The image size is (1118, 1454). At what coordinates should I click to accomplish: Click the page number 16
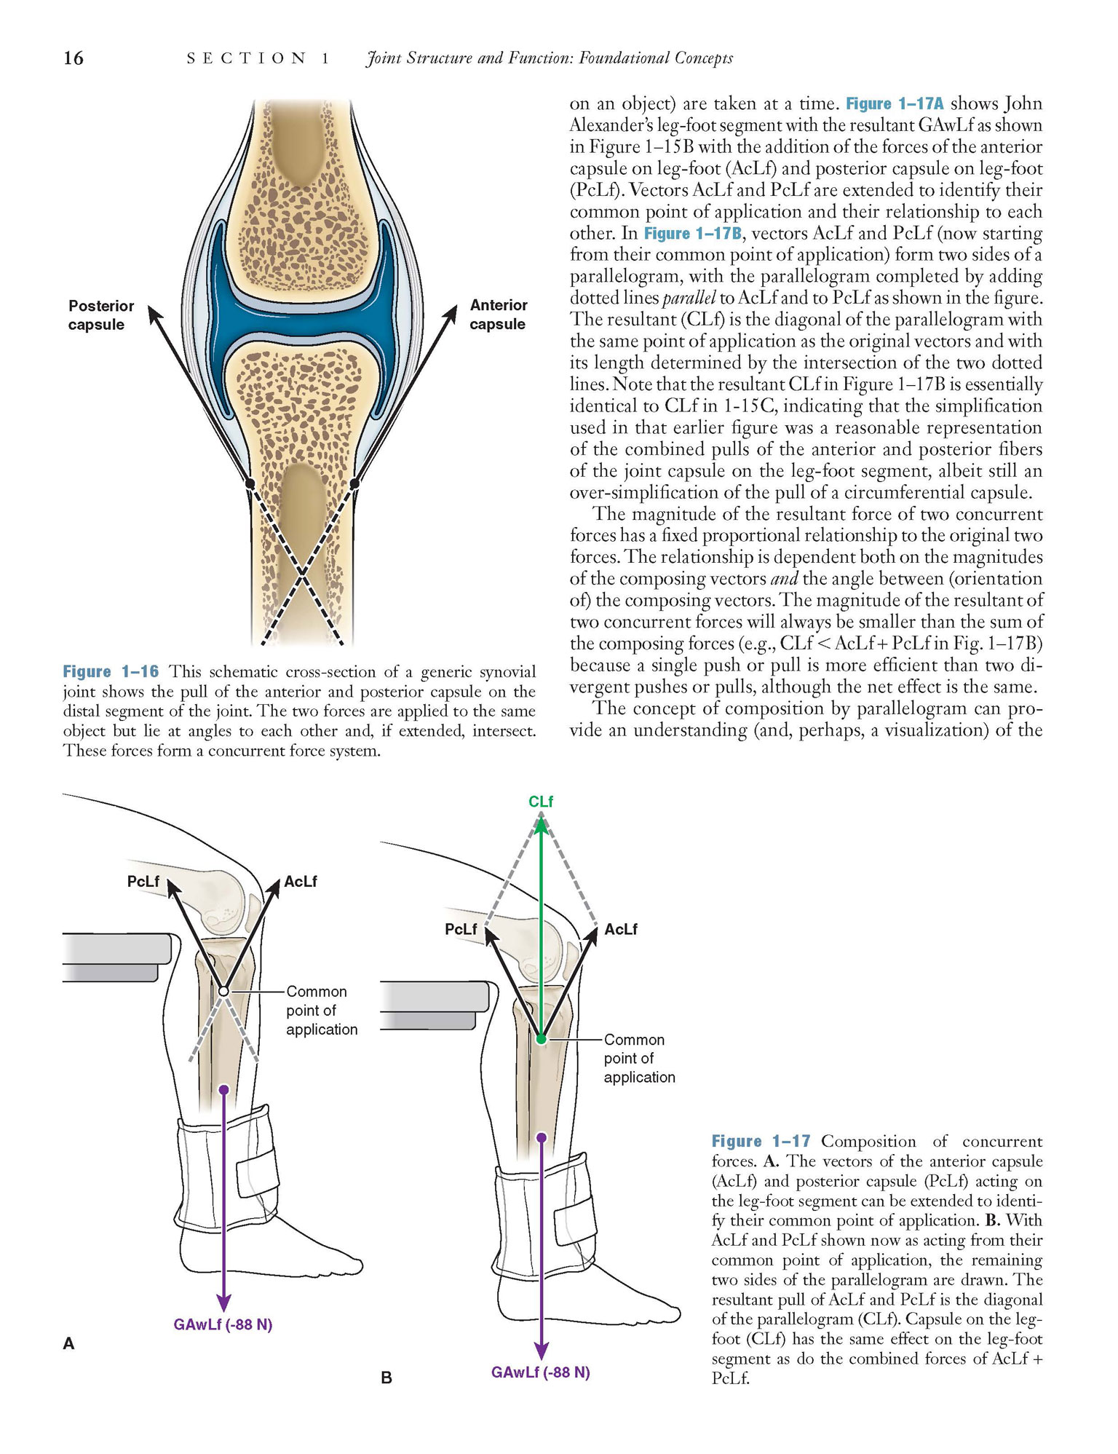coord(73,58)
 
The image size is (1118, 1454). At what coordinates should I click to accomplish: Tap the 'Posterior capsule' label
coord(101,315)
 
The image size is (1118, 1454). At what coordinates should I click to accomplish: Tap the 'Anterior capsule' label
coord(498,315)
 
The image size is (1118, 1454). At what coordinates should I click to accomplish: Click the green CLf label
coord(541,802)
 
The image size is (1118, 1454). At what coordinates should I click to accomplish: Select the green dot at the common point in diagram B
coord(541,1039)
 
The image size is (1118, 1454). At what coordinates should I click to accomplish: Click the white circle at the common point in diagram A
coord(224,992)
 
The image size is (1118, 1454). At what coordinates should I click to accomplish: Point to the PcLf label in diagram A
coord(143,882)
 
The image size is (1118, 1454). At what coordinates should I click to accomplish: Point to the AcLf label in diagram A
coord(301,882)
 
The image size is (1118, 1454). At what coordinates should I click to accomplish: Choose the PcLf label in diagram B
coord(461,930)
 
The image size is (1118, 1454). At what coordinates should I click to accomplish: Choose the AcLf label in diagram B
coord(621,930)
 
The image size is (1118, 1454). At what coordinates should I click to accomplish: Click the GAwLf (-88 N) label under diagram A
coord(223,1324)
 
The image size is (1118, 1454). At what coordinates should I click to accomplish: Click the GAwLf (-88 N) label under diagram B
coord(541,1372)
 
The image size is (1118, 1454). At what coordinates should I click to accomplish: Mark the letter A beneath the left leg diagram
coord(69,1344)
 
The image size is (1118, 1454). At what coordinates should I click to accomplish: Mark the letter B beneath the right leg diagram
coord(386,1378)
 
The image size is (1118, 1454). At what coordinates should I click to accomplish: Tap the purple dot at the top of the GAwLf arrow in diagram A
coord(223,1089)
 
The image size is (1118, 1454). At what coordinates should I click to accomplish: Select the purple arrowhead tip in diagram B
coord(541,1359)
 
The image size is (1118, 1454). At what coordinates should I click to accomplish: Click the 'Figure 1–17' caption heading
coord(761,1142)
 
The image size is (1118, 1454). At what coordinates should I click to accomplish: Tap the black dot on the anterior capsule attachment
coord(354,483)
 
